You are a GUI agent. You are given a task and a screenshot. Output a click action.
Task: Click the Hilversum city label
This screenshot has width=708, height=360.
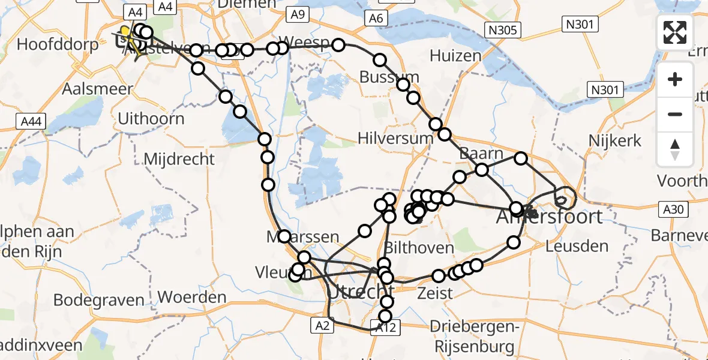pyautogui.click(x=395, y=138)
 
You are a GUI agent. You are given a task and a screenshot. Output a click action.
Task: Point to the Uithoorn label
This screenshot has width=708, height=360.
pyautogui.click(x=151, y=118)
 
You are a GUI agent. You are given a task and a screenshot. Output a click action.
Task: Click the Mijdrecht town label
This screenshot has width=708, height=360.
pyautogui.click(x=179, y=159)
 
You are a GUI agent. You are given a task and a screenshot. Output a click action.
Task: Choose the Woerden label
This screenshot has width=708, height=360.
pyautogui.click(x=191, y=297)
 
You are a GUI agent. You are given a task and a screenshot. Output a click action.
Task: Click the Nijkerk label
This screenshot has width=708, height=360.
pyautogui.click(x=616, y=141)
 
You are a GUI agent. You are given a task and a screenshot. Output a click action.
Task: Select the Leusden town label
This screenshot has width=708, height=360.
pyautogui.click(x=577, y=245)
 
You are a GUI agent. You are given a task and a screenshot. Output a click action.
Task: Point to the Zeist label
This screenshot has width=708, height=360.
pyautogui.click(x=435, y=293)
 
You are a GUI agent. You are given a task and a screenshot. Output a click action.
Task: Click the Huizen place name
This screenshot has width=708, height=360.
pyautogui.click(x=456, y=56)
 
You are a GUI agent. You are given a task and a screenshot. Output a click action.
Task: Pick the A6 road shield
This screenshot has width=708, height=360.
pyautogui.click(x=376, y=19)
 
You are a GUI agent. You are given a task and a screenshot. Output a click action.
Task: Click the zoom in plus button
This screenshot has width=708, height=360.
pyautogui.click(x=675, y=80)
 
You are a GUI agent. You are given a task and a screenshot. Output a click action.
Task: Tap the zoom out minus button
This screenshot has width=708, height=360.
pyautogui.click(x=675, y=114)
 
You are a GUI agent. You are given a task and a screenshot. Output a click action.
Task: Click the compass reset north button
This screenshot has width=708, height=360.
pyautogui.click(x=675, y=149)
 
